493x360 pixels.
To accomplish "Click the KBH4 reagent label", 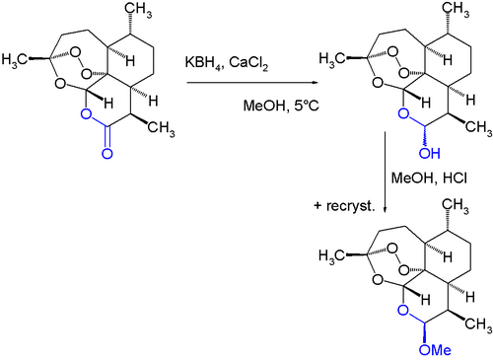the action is [x=204, y=63].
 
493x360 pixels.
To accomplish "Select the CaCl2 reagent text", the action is [x=248, y=63].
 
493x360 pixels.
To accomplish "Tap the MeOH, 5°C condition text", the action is [x=281, y=106].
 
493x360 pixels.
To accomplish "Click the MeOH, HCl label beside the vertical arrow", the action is [x=429, y=178].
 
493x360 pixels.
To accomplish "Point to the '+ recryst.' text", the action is [x=344, y=206].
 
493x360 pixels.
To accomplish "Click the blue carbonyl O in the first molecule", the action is [x=107, y=154].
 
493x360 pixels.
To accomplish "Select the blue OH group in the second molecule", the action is [x=430, y=153].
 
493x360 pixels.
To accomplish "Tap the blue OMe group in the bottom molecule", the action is [x=435, y=350].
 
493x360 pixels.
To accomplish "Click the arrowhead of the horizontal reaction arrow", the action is [x=315, y=83].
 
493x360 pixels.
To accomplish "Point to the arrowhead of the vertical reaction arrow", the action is [x=386, y=208].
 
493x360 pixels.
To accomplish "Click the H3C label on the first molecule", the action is [x=15, y=60].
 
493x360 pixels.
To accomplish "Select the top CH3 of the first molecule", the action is [x=139, y=11].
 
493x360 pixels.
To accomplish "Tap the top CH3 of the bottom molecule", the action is [x=456, y=206].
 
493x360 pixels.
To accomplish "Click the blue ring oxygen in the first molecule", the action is [x=86, y=114].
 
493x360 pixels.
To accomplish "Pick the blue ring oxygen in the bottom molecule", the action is [x=403, y=310].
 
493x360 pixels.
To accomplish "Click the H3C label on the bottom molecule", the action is [x=332, y=255].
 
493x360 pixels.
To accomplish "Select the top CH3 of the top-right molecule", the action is [x=456, y=10].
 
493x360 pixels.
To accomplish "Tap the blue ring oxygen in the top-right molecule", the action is [x=403, y=114].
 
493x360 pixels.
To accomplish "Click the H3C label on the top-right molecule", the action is [x=332, y=59].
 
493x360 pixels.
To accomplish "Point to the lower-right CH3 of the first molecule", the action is [x=161, y=128].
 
